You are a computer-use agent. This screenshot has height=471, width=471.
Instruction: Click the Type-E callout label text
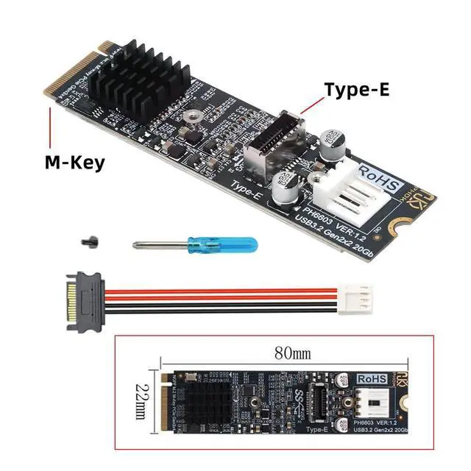[357, 91]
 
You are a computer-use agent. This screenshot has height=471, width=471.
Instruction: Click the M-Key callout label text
[73, 161]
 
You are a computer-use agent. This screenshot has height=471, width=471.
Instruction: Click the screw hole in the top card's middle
[193, 116]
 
